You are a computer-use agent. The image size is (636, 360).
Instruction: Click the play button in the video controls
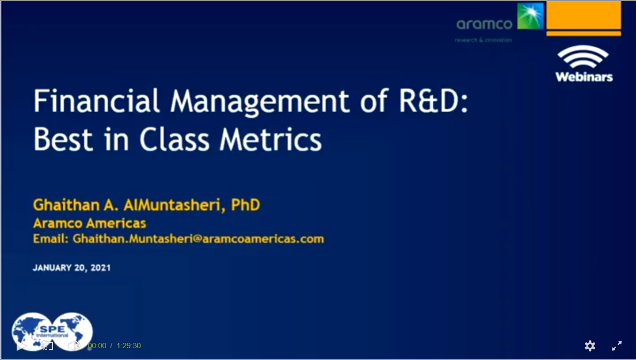coord(21,346)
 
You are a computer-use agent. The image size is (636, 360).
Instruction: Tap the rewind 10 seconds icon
coord(47,346)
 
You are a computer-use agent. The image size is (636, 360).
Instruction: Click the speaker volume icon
coord(74,346)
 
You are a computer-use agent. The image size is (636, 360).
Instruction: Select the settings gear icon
coord(590,346)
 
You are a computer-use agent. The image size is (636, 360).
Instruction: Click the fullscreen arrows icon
coord(617,346)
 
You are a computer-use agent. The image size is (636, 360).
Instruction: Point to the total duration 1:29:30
coord(128,346)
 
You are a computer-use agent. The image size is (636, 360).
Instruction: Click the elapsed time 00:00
coord(97,346)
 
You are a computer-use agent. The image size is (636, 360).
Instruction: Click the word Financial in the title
coord(97,101)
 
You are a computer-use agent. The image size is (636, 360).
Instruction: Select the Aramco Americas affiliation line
coord(90,223)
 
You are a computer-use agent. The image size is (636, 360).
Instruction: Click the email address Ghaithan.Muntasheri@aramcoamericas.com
coord(198,239)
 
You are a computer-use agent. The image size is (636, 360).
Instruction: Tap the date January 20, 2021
coord(72,267)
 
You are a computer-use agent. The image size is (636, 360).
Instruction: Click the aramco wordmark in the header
coord(484,24)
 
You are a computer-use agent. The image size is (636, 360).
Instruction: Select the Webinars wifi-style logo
coord(583,64)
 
